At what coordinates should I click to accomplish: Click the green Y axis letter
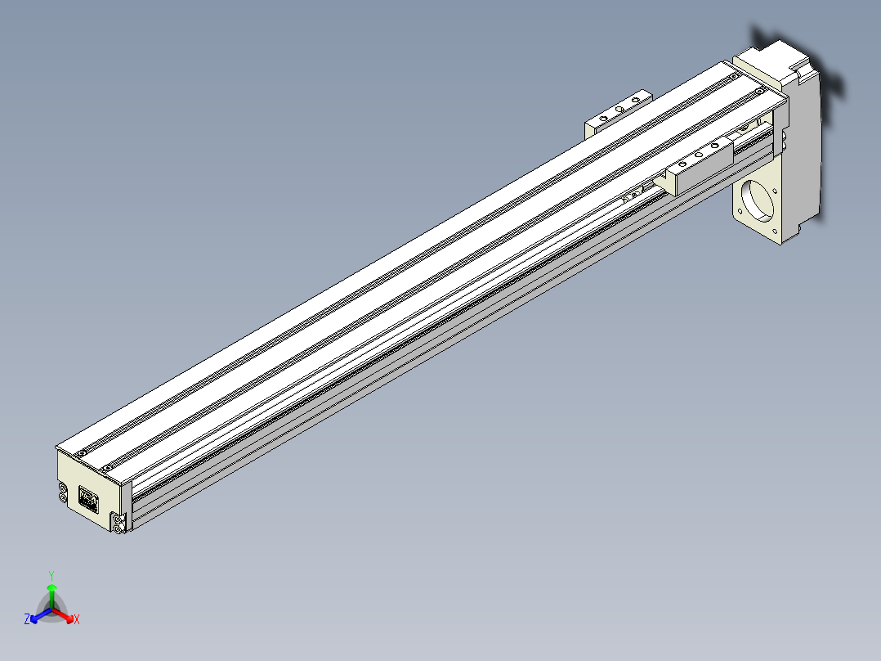[51, 575]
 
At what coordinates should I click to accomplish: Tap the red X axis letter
[77, 619]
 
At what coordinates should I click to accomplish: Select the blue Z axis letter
[27, 619]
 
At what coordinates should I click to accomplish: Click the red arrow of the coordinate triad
[62, 614]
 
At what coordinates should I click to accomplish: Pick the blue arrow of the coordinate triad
[41, 615]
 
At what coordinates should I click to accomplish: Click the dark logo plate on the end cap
[88, 500]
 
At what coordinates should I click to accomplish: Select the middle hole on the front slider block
[699, 155]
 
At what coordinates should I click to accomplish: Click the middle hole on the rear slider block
[619, 109]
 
